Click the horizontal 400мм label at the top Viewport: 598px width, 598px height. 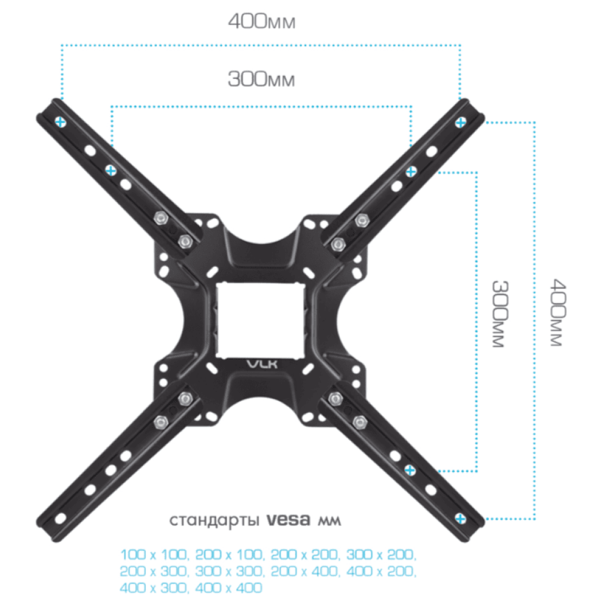tap(262, 22)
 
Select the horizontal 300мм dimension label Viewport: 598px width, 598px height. tap(261, 80)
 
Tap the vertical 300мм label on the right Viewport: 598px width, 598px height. tap(499, 314)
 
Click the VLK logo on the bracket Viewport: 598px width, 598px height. tap(263, 364)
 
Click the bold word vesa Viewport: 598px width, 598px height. tap(288, 520)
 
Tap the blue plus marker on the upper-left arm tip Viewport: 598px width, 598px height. tap(60, 122)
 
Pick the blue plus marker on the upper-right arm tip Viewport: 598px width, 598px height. tap(460, 123)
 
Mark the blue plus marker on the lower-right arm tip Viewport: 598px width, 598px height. tap(460, 518)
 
